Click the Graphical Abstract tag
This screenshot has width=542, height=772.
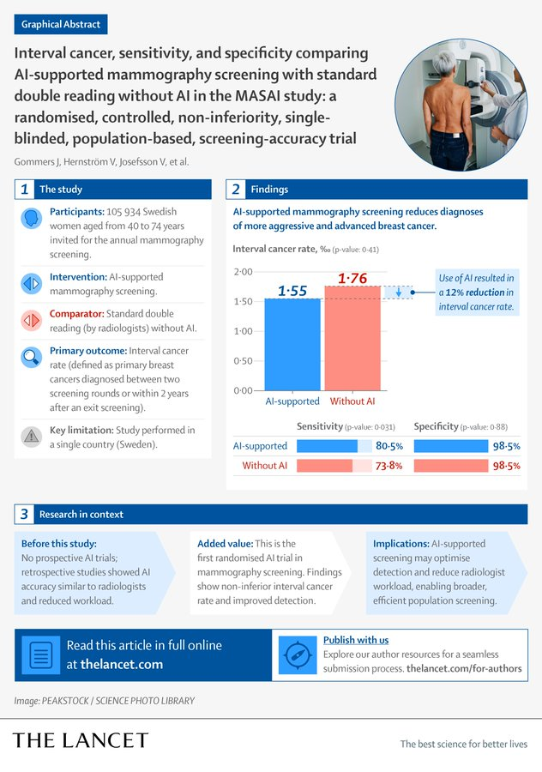60,24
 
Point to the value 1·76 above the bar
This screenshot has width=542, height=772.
352,277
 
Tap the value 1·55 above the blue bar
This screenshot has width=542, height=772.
292,292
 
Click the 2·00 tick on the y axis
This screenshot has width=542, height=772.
244,272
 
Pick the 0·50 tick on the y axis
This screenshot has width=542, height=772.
244,361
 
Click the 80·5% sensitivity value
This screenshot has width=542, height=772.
389,446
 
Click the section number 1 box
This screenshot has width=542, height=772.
25,189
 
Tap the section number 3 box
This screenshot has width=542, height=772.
25,514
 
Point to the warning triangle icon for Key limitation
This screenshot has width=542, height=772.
31,436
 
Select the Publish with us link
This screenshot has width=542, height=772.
356,640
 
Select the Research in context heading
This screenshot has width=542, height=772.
81,515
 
